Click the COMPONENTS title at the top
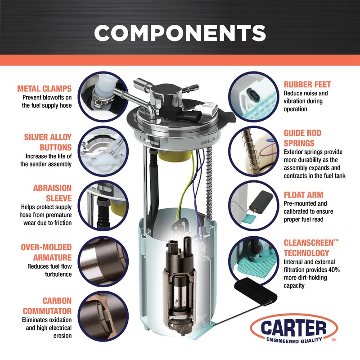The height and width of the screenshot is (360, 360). (x=180, y=32)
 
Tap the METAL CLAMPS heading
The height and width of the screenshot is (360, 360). (x=44, y=88)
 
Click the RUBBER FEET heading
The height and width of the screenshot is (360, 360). (x=307, y=84)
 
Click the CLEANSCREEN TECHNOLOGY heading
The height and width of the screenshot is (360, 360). (x=310, y=248)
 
